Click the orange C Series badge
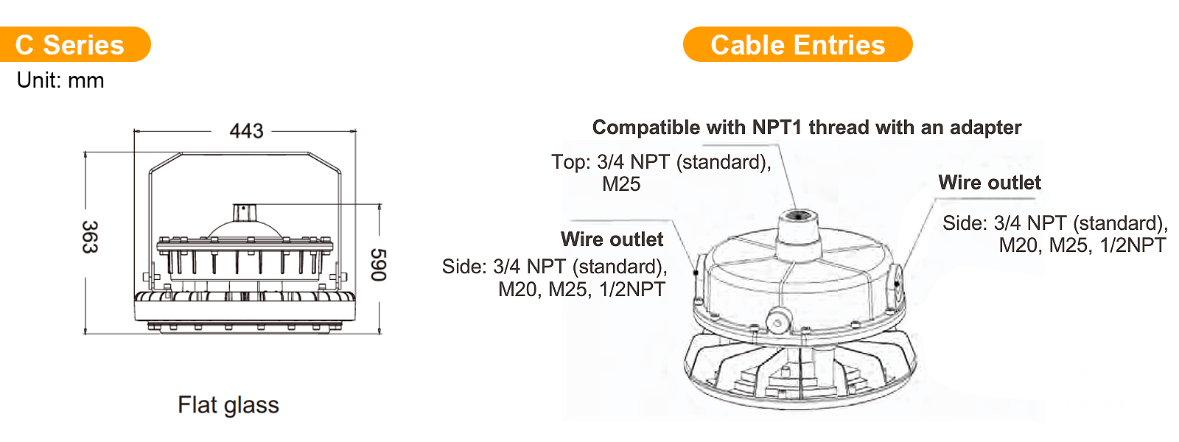tap(75, 44)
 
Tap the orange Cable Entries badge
tap(797, 44)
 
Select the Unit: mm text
tap(60, 80)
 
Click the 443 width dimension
tap(246, 130)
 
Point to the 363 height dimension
tap(90, 236)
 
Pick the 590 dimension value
tap(379, 264)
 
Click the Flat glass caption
tap(228, 404)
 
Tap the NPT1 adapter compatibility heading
tap(807, 127)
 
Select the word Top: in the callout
tap(571, 162)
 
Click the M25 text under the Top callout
tap(621, 184)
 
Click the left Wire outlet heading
tap(612, 239)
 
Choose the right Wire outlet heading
tap(990, 183)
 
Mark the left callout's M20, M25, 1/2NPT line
tap(581, 289)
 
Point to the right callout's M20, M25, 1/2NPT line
tap(1082, 245)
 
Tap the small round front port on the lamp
tap(778, 321)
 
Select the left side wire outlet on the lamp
tap(697, 273)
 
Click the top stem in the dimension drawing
tap(243, 212)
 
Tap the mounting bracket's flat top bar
tap(245, 154)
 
